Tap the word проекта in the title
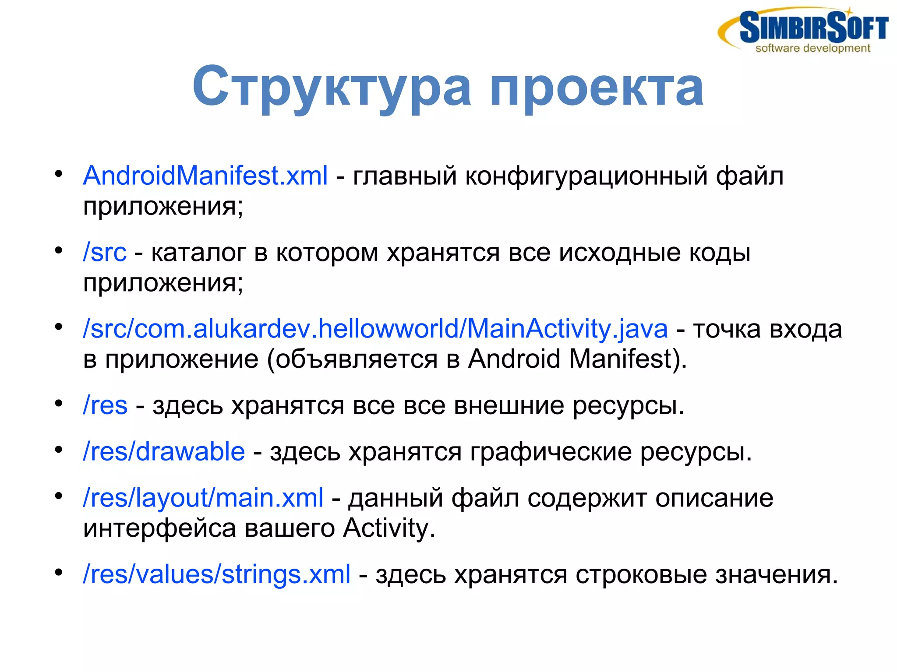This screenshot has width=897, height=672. click(x=596, y=88)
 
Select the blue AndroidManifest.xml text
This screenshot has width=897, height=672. click(x=205, y=176)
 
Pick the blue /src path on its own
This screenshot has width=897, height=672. click(x=105, y=252)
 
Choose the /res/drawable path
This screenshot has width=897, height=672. click(x=164, y=451)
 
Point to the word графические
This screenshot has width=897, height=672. click(x=551, y=452)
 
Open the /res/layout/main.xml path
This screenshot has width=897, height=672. click(x=203, y=498)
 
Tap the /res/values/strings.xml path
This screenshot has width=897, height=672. click(x=217, y=574)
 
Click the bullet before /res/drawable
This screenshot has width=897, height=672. click(x=59, y=450)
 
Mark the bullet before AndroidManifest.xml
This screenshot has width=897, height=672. click(x=59, y=174)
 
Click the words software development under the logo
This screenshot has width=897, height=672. click(x=812, y=48)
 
